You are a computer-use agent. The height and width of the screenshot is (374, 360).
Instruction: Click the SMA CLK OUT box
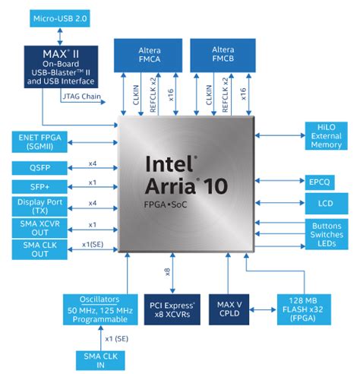(x=37, y=249)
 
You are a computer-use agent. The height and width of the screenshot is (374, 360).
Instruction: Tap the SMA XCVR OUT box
(x=37, y=227)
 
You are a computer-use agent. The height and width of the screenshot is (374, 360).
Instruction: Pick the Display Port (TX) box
(x=37, y=206)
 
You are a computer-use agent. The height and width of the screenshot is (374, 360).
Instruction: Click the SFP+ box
(x=37, y=186)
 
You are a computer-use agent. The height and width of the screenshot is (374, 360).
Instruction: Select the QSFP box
(x=37, y=166)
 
